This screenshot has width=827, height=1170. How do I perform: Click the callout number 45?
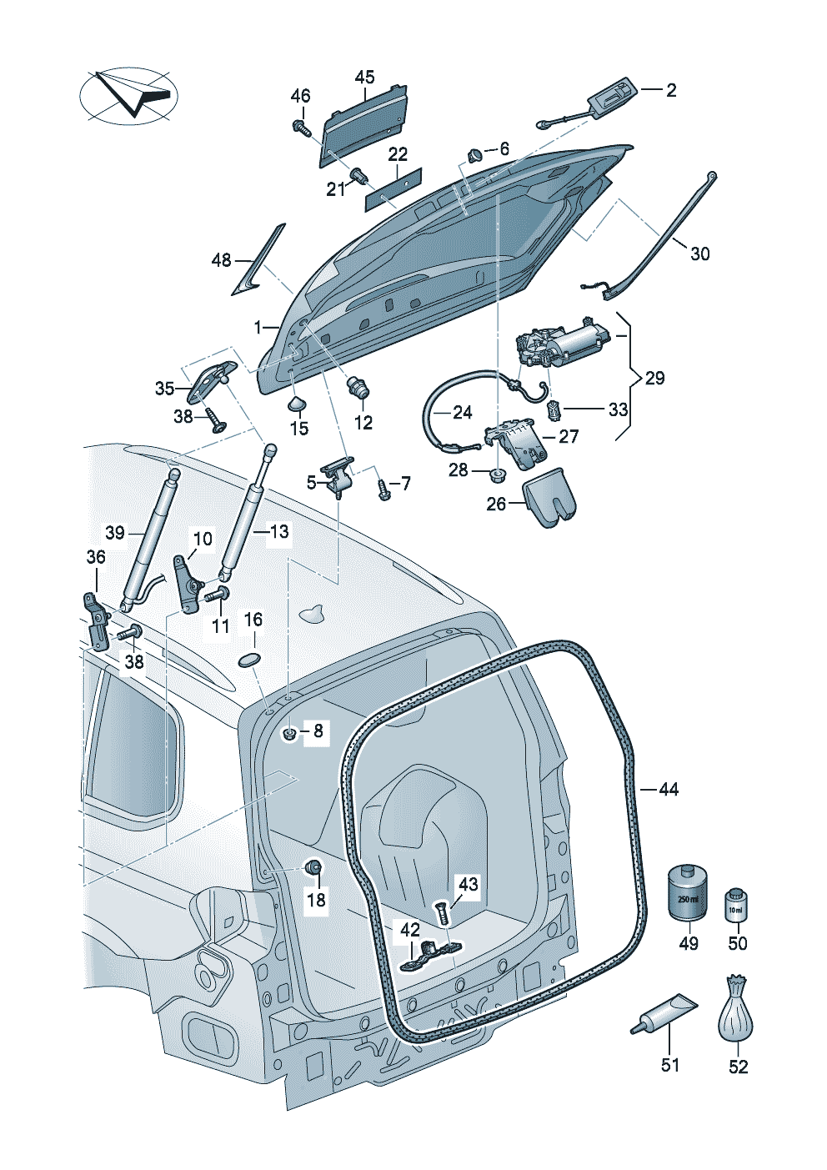tap(364, 78)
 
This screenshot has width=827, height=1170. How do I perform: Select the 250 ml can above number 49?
tap(688, 893)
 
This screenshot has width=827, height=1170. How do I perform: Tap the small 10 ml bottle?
tap(736, 904)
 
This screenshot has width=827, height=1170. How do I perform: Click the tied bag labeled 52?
tap(736, 1011)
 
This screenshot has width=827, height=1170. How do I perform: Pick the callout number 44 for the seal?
tap(669, 789)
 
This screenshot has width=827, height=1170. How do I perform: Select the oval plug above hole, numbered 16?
tap(250, 660)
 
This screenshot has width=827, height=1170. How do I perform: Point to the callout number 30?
tap(700, 254)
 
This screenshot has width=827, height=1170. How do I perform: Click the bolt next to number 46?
tap(299, 128)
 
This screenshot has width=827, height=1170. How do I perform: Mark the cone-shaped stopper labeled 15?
tap(297, 404)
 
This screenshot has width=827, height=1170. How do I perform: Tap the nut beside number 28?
tap(495, 475)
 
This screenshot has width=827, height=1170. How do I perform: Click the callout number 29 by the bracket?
tap(655, 378)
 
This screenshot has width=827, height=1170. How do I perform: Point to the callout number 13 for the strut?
tap(279, 531)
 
